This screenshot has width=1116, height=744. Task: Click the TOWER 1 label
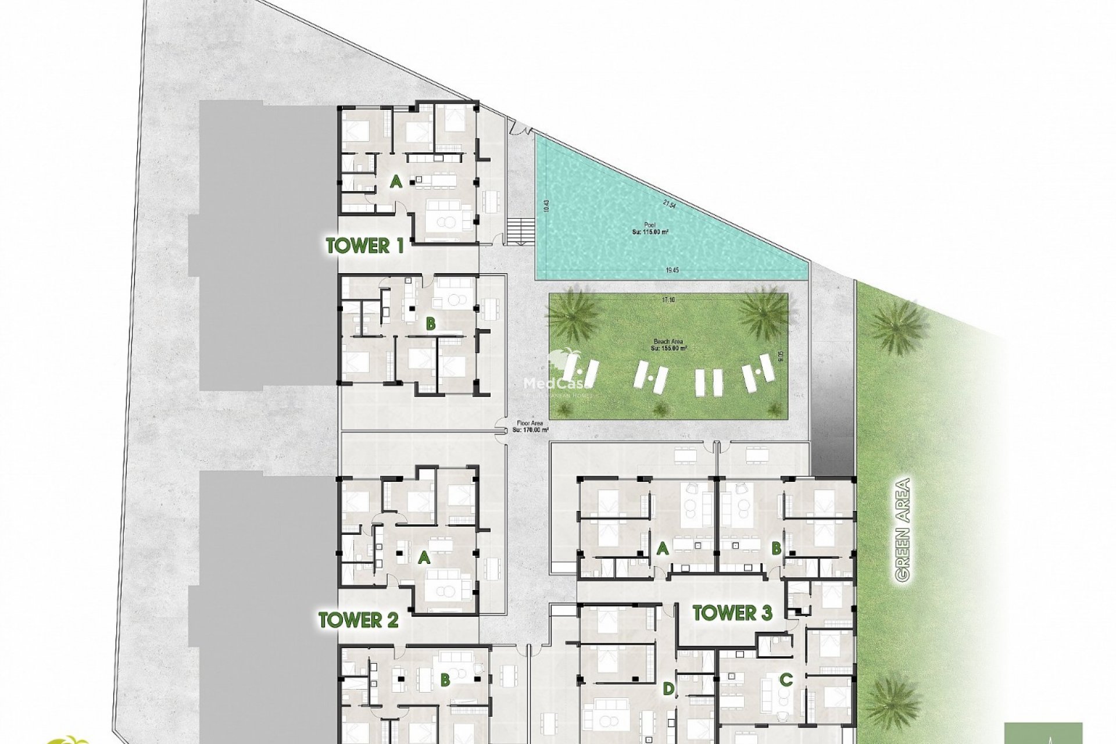pos(365,246)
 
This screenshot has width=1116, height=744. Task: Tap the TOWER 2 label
pos(358,620)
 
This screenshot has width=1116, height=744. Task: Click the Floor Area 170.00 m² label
pos(530,427)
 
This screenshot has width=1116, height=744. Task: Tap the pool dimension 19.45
pos(672,270)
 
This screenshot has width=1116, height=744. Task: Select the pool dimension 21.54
pos(669,204)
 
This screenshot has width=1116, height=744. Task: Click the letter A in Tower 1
pos(396,183)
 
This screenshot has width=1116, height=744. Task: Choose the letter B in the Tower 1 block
pos(430,324)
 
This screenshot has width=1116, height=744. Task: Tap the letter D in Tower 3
pos(669,689)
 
